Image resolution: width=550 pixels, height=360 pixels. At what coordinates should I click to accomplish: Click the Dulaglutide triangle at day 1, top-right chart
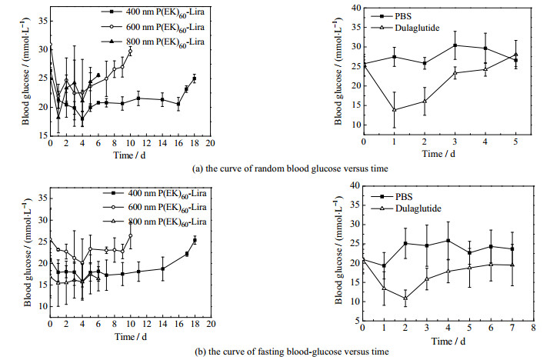395,110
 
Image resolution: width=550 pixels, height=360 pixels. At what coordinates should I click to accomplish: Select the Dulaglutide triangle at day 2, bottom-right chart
405,298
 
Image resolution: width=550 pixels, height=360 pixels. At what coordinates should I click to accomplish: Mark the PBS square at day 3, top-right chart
455,45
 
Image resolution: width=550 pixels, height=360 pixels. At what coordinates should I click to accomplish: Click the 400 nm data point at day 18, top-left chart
195,78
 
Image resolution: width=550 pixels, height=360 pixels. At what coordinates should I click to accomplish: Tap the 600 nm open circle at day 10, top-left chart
130,52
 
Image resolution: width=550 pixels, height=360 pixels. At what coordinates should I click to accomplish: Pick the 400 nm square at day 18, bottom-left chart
195,240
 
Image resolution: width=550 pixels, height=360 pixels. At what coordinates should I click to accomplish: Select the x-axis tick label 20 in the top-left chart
209,143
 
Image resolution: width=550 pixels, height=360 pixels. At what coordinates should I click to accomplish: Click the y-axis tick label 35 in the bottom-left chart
41,198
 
